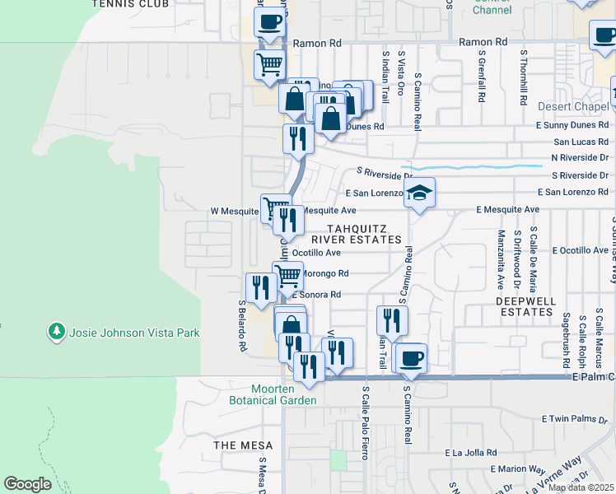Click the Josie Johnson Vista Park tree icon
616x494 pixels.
click(x=57, y=331)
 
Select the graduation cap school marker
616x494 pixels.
click(x=419, y=193)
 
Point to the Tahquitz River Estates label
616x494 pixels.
click(x=364, y=234)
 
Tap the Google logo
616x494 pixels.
click(x=27, y=484)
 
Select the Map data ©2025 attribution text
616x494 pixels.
click(x=581, y=487)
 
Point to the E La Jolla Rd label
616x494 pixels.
click(x=473, y=453)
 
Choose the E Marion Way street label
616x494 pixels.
click(x=513, y=468)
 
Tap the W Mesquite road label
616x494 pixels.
click(x=235, y=211)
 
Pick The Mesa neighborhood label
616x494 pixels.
click(x=238, y=445)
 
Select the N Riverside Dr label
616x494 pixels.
click(x=580, y=157)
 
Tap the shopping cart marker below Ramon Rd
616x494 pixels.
click(x=270, y=64)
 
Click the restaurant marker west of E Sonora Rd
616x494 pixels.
click(x=258, y=287)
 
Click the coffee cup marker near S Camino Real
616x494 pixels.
click(x=411, y=358)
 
